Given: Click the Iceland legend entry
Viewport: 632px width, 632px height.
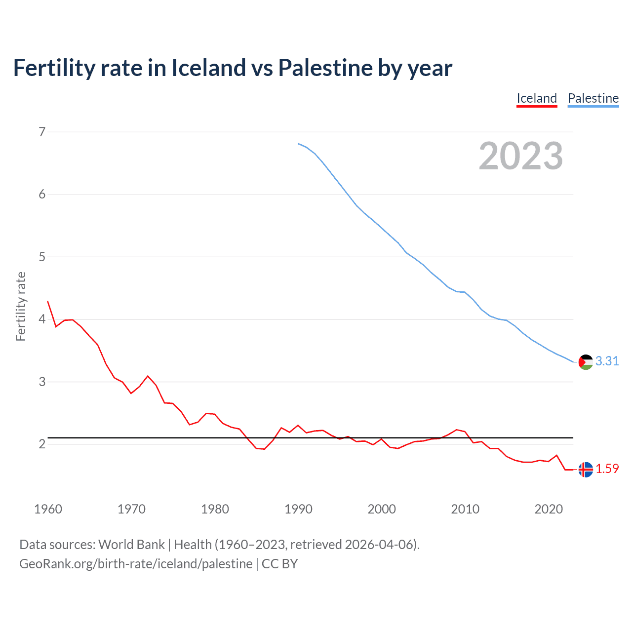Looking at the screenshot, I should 537,98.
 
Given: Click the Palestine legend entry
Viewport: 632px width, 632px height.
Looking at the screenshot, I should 593,98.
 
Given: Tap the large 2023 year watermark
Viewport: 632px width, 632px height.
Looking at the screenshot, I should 520,156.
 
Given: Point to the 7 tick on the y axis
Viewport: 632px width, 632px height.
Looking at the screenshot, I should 42,132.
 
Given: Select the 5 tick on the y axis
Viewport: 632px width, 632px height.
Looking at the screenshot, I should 42,257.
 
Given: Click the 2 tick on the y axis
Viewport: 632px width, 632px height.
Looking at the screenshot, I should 42,444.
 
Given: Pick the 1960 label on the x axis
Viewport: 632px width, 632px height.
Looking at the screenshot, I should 48,509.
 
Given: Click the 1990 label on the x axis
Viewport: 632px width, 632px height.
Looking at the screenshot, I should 298,509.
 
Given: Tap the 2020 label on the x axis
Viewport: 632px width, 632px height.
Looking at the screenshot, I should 549,509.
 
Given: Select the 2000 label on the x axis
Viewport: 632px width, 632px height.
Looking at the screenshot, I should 382,509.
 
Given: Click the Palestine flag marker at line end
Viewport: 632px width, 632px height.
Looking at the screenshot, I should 586,362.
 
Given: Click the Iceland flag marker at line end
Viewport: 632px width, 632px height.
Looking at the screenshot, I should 586,470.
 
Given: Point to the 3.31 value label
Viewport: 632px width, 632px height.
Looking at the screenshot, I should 607,361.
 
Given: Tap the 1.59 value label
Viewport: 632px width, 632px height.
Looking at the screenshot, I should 607,469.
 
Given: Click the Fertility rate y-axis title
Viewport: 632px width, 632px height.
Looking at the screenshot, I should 21,306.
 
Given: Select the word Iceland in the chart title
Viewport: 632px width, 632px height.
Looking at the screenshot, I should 208,68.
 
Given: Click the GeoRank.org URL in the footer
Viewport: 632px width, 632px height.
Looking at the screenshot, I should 136,564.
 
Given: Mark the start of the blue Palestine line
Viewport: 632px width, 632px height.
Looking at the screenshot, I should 299,144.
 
